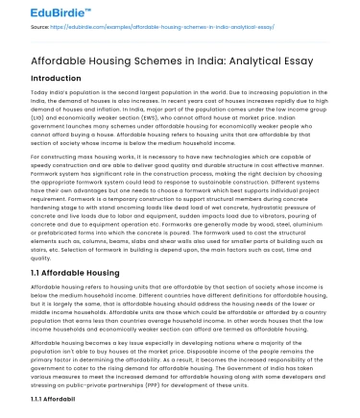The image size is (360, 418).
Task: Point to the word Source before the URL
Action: tap(41, 28)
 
